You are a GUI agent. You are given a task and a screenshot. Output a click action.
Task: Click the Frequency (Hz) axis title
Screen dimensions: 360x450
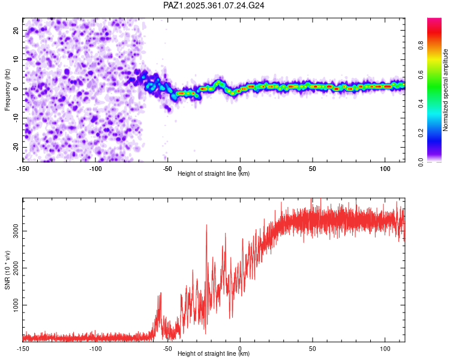pos(7,89)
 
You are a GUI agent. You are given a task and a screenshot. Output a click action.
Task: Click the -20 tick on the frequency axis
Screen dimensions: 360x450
pos(15,147)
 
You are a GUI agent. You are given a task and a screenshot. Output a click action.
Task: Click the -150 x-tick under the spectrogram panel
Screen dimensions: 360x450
pos(23,168)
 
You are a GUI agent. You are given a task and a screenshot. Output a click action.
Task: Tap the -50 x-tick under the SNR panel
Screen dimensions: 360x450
pos(167,348)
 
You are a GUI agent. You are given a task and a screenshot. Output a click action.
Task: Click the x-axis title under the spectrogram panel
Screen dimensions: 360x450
pos(214,174)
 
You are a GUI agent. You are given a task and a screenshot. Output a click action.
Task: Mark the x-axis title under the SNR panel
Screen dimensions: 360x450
pos(214,354)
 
